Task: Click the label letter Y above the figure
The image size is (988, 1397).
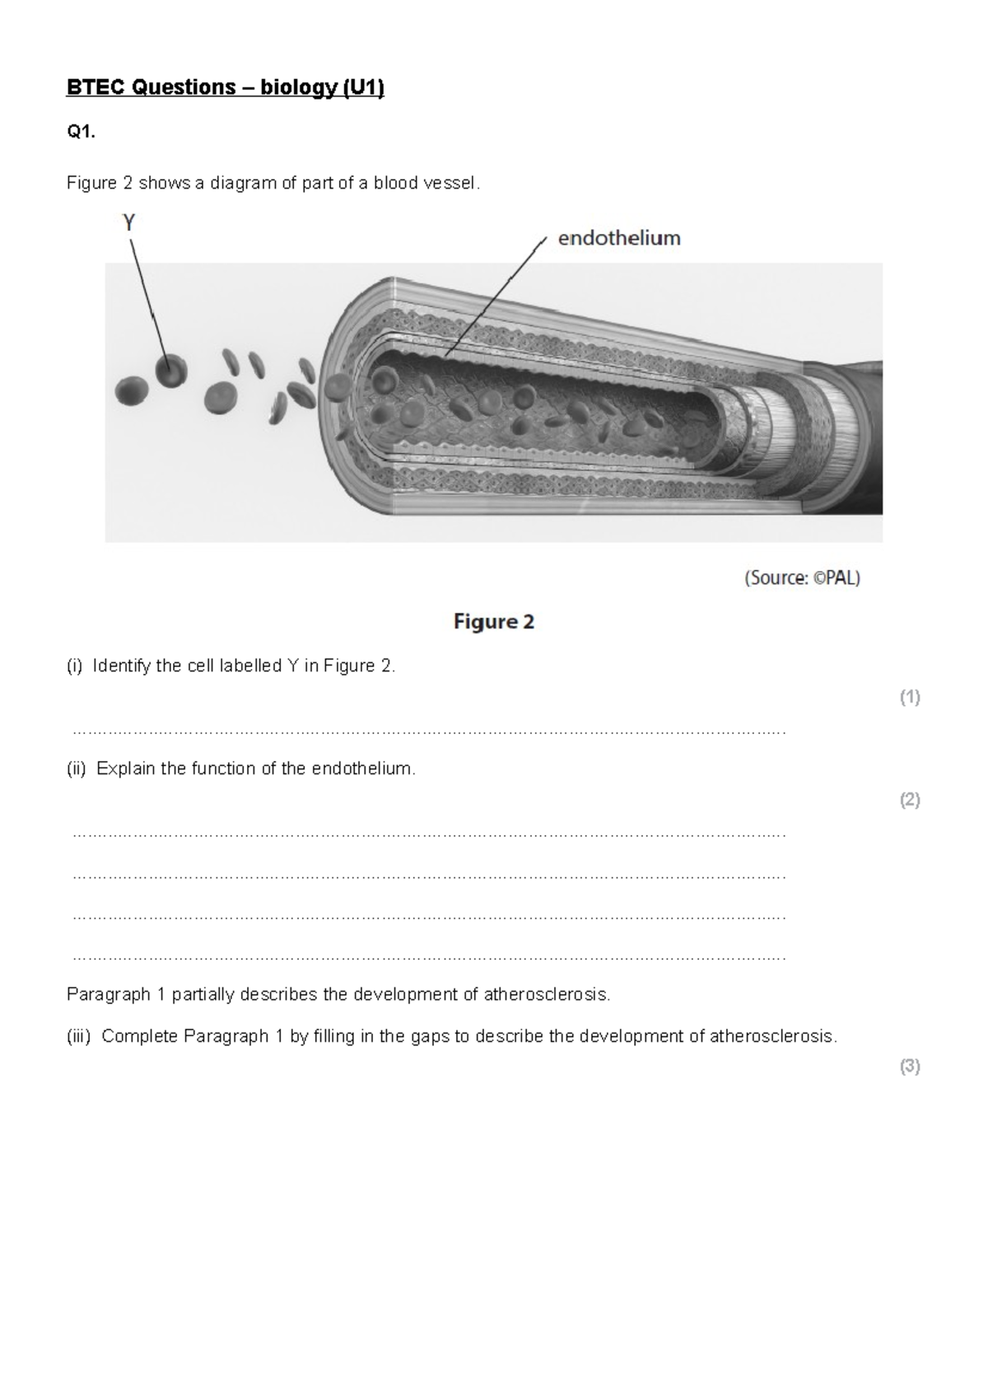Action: point(129,222)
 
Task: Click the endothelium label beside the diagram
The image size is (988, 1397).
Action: point(619,239)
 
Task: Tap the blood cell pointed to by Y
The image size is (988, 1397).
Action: point(171,371)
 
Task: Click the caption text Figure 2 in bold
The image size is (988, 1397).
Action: point(494,622)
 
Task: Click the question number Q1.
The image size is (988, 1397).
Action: point(81,133)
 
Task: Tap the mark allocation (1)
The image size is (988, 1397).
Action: point(910,698)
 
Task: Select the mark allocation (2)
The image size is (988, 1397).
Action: point(910,800)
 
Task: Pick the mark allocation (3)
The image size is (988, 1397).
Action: point(910,1067)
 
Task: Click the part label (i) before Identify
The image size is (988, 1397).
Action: point(75,666)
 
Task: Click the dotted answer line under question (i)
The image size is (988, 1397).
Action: point(428,731)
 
